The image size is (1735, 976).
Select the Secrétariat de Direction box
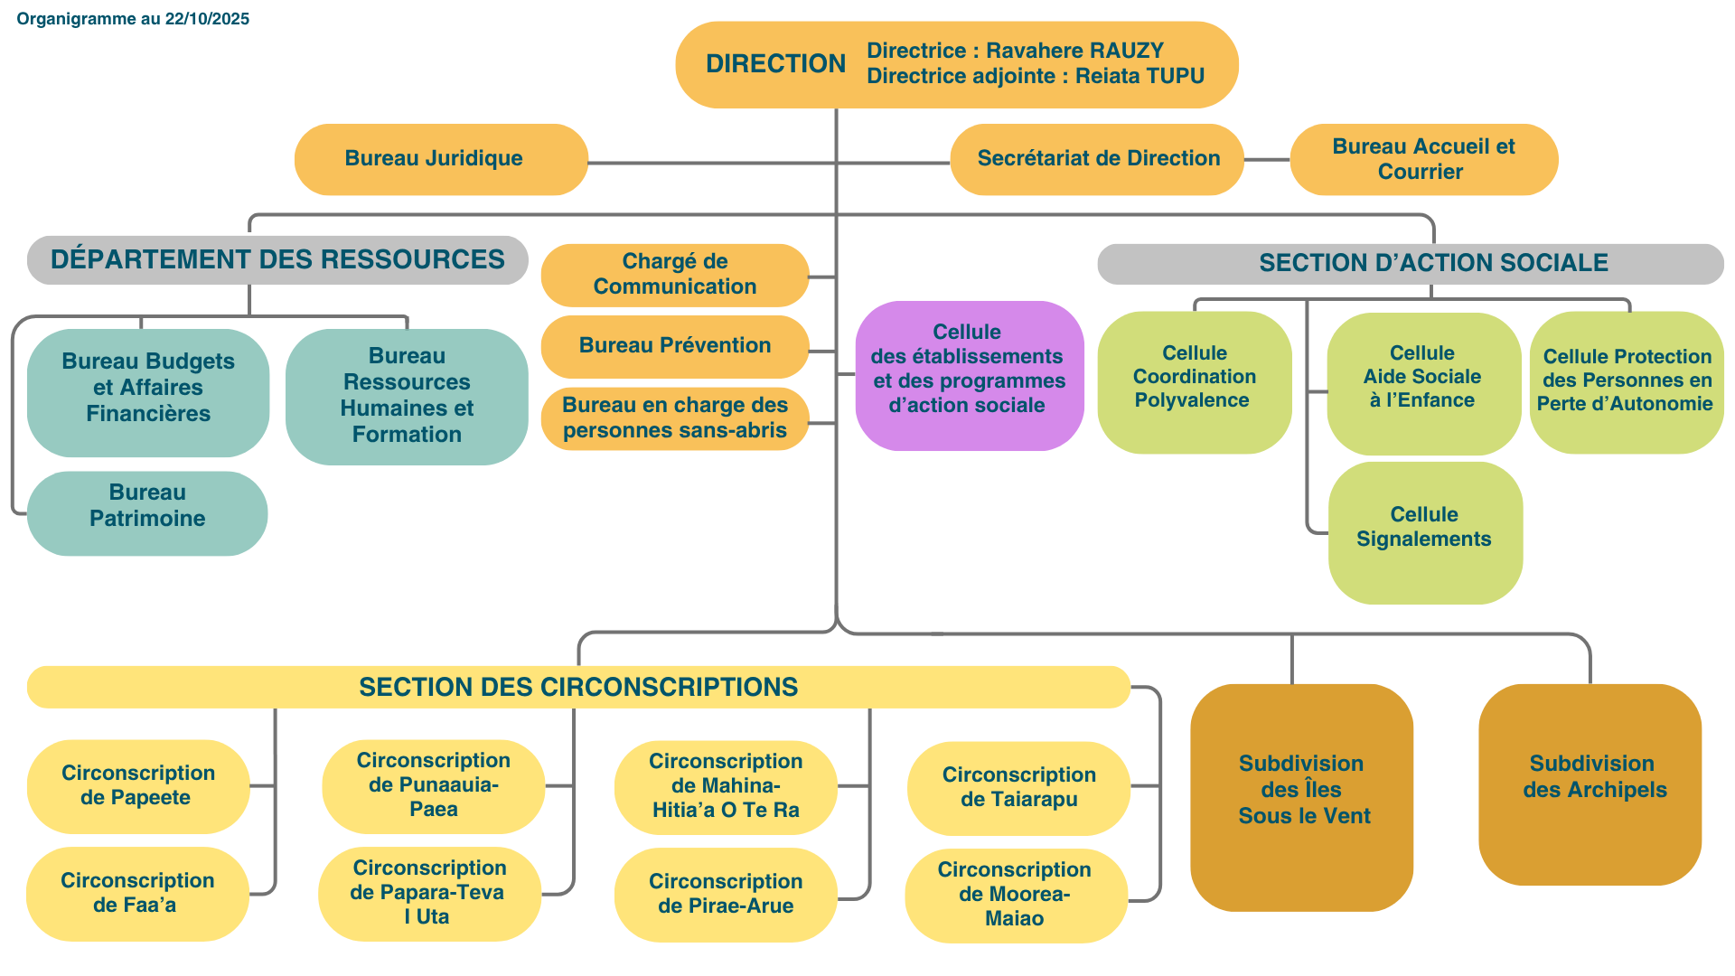click(1097, 159)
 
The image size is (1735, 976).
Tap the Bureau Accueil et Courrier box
click(1423, 159)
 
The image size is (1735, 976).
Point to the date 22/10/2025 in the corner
click(207, 19)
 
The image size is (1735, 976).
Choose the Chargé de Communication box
click(674, 274)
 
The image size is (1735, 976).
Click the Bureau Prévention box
click(674, 345)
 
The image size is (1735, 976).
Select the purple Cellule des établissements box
click(969, 374)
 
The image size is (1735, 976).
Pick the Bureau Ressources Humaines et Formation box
click(407, 396)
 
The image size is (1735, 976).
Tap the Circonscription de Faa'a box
click(137, 893)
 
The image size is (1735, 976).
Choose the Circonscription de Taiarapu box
click(1018, 787)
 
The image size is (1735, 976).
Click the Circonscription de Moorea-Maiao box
click(1015, 894)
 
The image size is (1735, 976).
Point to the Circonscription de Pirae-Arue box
click(725, 893)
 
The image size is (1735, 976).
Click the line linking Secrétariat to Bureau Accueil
click(1267, 160)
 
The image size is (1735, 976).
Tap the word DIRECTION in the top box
click(775, 64)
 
